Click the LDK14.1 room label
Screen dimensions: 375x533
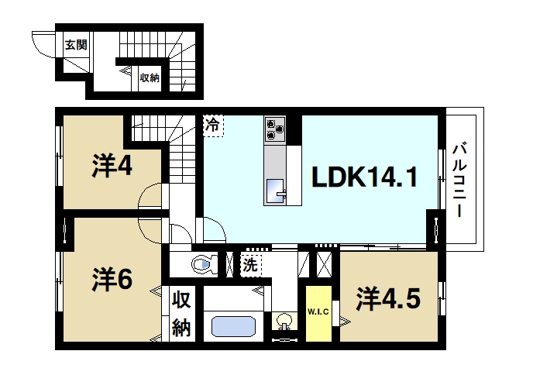365,179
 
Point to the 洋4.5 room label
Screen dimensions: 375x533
388,298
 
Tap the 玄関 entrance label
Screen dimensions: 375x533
75,43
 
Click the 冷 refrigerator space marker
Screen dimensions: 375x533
212,124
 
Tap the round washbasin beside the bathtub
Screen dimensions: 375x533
284,322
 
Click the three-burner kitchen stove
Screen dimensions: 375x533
275,129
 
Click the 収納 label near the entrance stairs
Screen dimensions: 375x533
150,77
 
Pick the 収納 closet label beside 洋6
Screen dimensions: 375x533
181,313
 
